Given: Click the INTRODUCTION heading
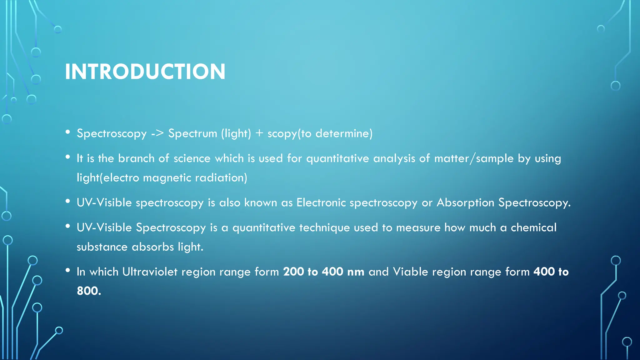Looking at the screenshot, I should [145, 72].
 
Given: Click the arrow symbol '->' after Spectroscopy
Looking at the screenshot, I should [157, 133].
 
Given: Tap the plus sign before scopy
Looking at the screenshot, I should [259, 133].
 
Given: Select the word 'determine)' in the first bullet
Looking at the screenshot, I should [344, 133].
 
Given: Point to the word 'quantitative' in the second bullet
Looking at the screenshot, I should [337, 159].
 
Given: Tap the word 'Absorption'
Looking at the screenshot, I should [465, 203].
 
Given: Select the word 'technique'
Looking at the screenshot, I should [324, 228].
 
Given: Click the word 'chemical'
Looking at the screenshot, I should [533, 227].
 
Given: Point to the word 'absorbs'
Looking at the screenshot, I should [153, 247].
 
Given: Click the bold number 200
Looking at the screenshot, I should [293, 272].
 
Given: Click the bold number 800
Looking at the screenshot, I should [89, 291].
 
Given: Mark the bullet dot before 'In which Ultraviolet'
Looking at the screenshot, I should [68, 271].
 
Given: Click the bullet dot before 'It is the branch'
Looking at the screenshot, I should [68, 157].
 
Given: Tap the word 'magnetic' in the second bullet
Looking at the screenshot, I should [167, 178].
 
